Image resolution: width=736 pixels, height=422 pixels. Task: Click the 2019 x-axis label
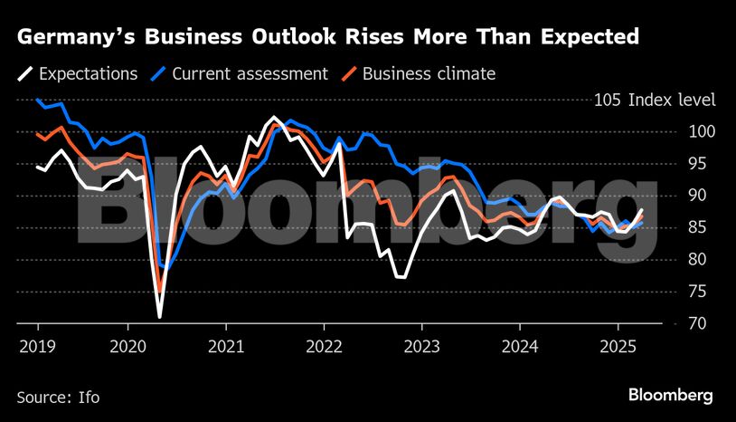point(37,345)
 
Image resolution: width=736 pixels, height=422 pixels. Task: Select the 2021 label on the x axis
point(225,345)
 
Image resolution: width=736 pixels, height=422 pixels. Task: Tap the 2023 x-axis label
point(421,345)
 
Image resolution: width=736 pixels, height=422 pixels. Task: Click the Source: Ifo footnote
point(58,397)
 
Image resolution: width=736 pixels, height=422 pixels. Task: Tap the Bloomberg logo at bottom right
point(671,395)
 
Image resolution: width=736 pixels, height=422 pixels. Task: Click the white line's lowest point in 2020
point(160,317)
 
